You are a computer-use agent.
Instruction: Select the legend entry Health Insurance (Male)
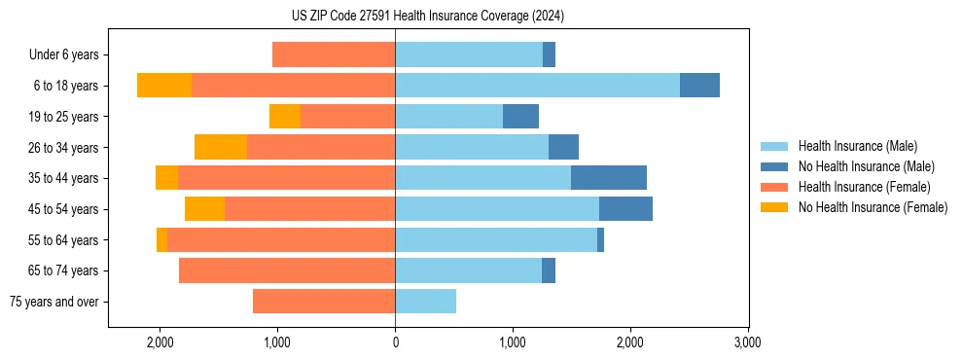[x=857, y=146]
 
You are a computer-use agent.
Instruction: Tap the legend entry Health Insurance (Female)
[x=864, y=187]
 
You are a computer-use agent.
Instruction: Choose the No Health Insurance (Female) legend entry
[x=873, y=207]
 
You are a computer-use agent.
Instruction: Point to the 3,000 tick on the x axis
[x=747, y=342]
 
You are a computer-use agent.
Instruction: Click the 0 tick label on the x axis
[x=395, y=342]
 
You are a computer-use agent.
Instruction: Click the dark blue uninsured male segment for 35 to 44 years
[x=608, y=178]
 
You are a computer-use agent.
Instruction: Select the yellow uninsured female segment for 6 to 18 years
[x=164, y=86]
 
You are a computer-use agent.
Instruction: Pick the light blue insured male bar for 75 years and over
[x=425, y=302]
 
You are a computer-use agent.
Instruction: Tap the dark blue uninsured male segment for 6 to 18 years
[x=699, y=86]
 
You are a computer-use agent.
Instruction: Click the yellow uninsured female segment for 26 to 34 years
[x=221, y=147]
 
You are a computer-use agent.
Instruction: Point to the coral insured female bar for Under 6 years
[x=334, y=55]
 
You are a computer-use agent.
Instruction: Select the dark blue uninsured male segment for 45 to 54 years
[x=625, y=209]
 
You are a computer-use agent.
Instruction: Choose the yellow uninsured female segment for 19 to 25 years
[x=285, y=117]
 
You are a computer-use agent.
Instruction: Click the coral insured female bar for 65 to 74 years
[x=287, y=270]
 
